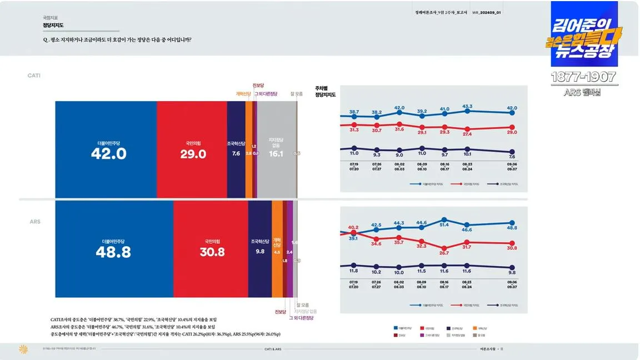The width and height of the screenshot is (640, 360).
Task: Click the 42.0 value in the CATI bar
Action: coord(109,154)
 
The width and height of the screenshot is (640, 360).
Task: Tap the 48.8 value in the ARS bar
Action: coord(113,252)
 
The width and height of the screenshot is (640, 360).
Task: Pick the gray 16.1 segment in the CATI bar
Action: coord(276,150)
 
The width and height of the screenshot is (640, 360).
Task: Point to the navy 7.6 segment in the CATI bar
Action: coord(236,150)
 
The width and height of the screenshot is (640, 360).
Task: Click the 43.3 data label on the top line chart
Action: coord(467,106)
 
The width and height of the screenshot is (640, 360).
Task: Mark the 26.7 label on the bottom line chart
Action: coord(444,253)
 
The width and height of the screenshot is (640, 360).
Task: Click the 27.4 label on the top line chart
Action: coord(467,134)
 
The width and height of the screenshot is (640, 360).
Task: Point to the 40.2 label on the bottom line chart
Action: coord(353,227)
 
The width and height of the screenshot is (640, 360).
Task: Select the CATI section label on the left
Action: coord(34,75)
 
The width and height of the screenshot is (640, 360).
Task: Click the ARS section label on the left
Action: coord(35,222)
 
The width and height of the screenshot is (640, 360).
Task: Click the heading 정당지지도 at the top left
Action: coord(53,26)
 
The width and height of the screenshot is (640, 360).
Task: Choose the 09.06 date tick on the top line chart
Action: coord(512,164)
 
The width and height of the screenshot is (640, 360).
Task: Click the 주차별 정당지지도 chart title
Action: coord(325,91)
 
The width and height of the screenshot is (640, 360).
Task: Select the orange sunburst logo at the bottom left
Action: coord(23,349)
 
